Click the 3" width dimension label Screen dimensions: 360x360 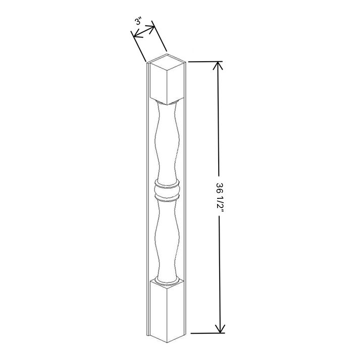pos(138,23)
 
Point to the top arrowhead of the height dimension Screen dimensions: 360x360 pos(218,66)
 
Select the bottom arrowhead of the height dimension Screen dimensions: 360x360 pos(219,329)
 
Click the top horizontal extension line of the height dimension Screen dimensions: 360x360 pos(202,61)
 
